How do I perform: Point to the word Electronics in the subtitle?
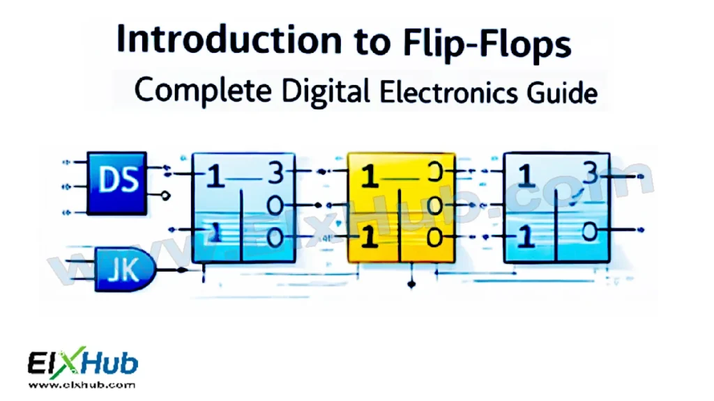coord(446,93)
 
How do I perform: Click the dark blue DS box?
coord(118,183)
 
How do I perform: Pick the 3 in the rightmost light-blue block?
coord(589,174)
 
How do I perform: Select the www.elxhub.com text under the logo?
coord(82,384)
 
